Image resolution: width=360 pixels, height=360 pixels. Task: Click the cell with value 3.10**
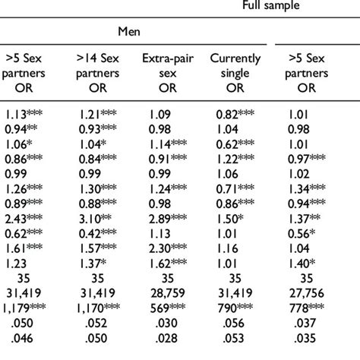pos(96,218)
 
